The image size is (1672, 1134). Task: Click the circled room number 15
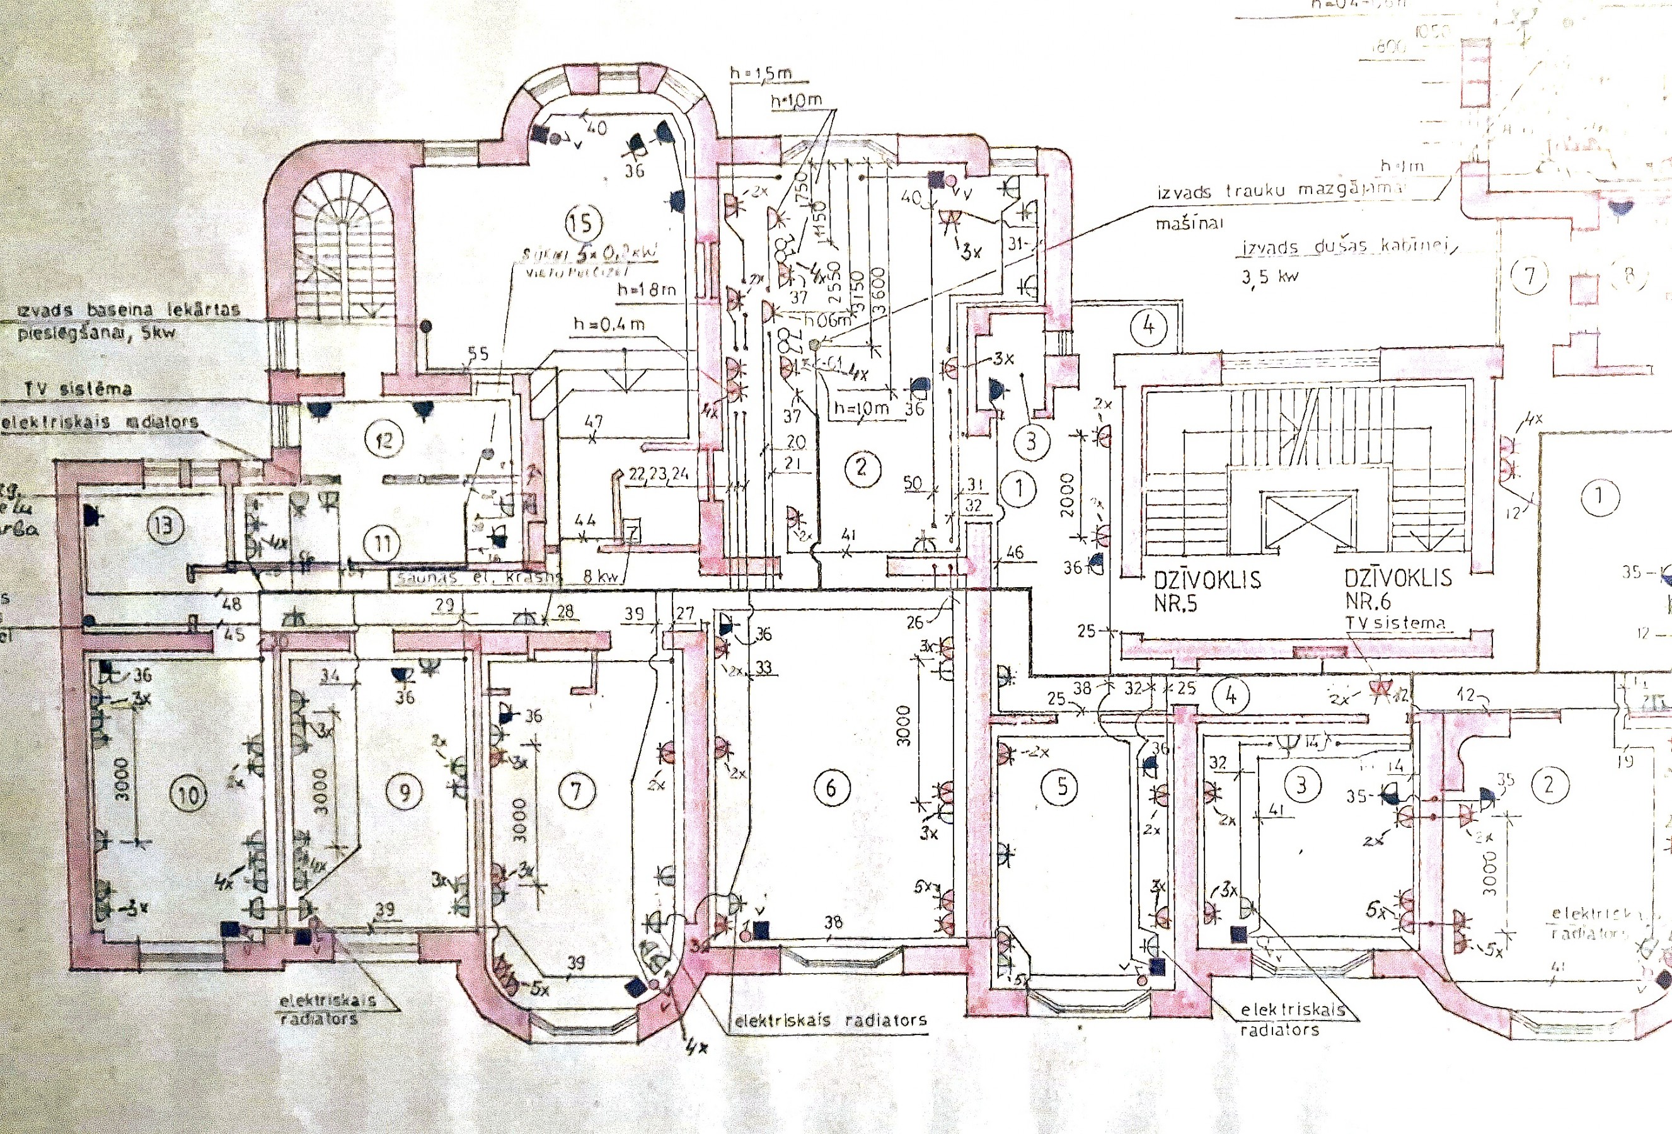pyautogui.click(x=583, y=223)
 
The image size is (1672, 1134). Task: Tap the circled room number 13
pyautogui.click(x=164, y=525)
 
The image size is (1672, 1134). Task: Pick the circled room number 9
pyautogui.click(x=405, y=792)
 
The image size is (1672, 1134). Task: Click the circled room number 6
pyautogui.click(x=831, y=787)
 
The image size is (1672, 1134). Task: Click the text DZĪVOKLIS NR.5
pyautogui.click(x=1206, y=591)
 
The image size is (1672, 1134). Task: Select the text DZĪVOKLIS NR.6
pyautogui.click(x=1398, y=589)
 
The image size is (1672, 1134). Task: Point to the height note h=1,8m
pyautogui.click(x=646, y=290)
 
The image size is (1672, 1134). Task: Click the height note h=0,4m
pyautogui.click(x=608, y=324)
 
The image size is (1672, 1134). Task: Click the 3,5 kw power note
pyautogui.click(x=1270, y=277)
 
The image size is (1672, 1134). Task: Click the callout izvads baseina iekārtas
pyautogui.click(x=127, y=311)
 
